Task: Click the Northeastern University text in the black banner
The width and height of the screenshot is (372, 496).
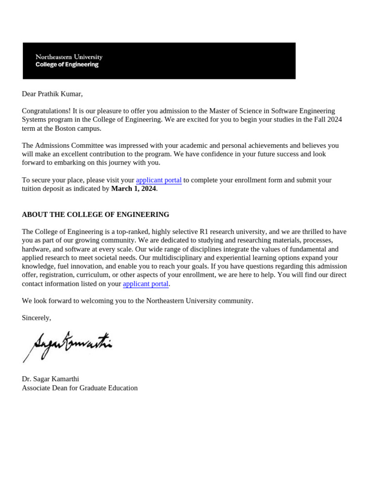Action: pos(69,57)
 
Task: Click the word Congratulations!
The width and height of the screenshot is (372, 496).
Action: pos(46,111)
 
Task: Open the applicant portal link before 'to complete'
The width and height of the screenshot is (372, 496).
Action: pos(158,180)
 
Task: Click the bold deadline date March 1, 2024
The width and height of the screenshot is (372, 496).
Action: pos(133,189)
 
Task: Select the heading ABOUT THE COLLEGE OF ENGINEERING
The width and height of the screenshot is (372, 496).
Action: pos(95,215)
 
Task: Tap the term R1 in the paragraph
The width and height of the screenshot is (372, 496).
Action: pos(204,232)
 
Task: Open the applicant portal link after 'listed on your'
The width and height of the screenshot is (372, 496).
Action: pos(145,284)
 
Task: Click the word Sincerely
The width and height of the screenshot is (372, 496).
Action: pos(36,318)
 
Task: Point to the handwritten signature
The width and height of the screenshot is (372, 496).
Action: pos(68,345)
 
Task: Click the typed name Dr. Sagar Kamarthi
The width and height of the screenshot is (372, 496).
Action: pos(50,379)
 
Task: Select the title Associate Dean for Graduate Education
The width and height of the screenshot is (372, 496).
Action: pos(79,388)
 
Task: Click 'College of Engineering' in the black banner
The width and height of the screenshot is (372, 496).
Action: pos(67,64)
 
